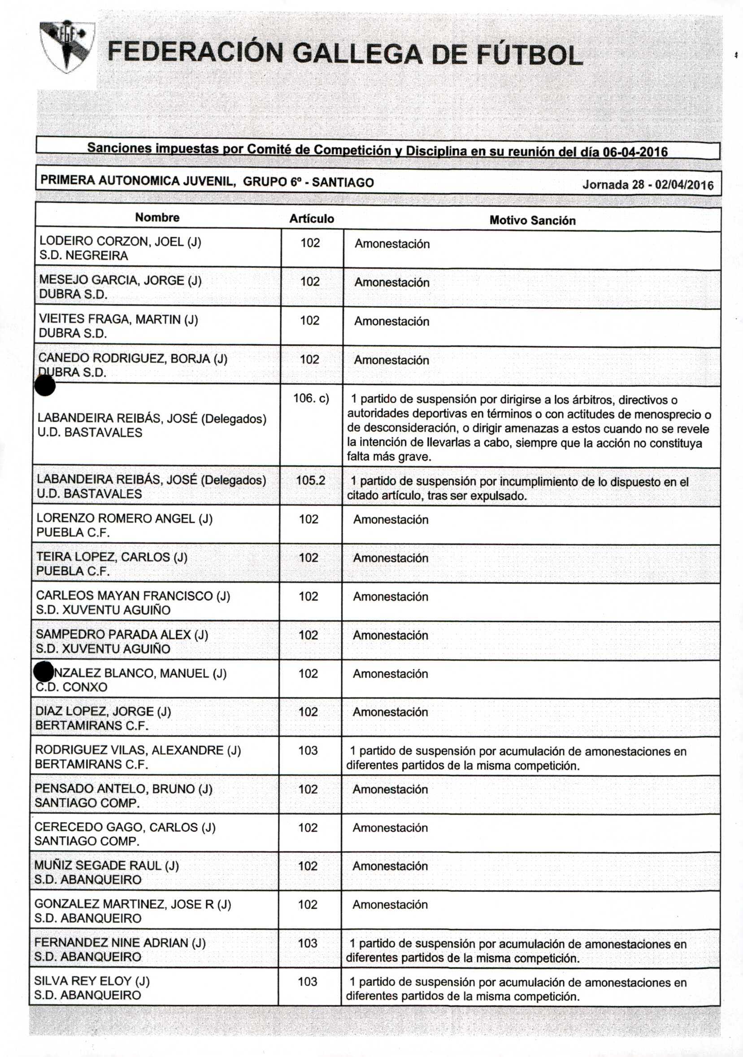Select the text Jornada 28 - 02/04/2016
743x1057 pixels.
tap(647, 185)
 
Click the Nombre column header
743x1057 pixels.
tap(157, 217)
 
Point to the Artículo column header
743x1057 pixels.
tap(312, 219)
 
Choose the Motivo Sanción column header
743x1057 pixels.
tap(532, 221)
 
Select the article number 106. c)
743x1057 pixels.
tap(311, 398)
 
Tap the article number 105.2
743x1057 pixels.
tap(310, 481)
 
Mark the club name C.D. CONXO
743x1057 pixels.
tap(71, 687)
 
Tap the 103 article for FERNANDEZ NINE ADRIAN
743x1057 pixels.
tap(308, 943)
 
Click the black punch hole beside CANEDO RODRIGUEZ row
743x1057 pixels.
tap(45, 386)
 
